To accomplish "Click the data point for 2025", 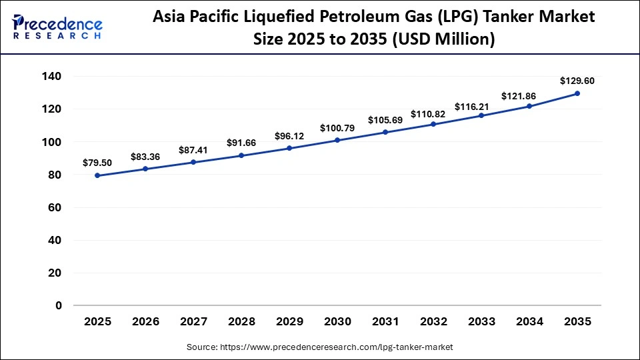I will (97, 175).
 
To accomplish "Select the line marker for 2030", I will (337, 140).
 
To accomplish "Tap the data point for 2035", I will (577, 93).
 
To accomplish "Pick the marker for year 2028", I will (241, 155).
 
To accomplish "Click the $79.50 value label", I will (97, 163).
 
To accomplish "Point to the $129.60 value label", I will (577, 81).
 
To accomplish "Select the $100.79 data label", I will (337, 127).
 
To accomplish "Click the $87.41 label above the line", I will (193, 150).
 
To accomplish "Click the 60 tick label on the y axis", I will (56, 207).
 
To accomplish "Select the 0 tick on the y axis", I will (59, 305).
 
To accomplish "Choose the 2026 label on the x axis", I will (145, 321).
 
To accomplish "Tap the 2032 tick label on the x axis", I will (433, 321).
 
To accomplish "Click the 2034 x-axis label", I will (529, 321).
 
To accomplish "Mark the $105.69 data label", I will (385, 120).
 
